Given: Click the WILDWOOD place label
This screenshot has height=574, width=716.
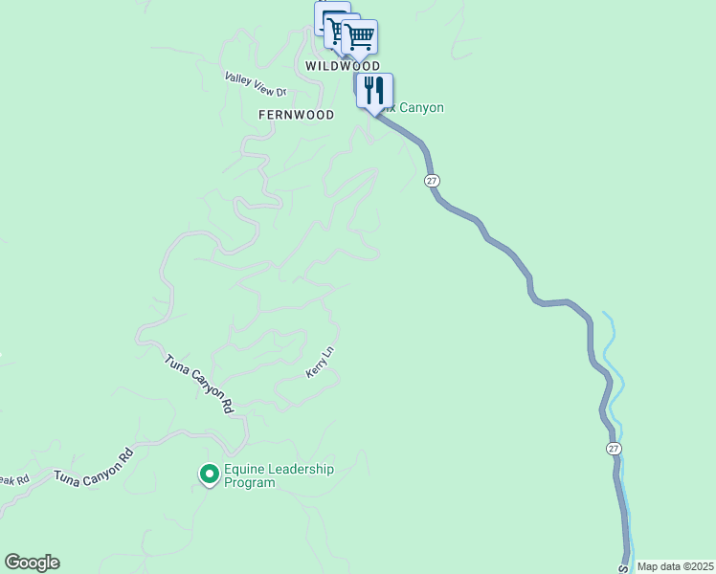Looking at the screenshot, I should tap(343, 66).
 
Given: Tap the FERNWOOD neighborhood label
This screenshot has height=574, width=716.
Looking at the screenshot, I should tap(296, 115).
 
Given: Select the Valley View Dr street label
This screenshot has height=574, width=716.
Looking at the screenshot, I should tap(256, 84).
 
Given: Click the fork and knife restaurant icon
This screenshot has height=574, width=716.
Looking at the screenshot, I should tap(374, 91).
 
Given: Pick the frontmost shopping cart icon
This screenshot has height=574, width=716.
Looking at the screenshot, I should tap(360, 36).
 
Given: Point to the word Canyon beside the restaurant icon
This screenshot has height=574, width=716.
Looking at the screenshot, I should tap(421, 108).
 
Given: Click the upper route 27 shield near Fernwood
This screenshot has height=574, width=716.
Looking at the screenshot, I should tap(433, 181).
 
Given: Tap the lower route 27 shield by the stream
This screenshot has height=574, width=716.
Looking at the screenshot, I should tap(614, 449).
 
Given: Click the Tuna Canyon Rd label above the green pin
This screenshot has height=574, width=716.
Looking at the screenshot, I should tap(199, 383).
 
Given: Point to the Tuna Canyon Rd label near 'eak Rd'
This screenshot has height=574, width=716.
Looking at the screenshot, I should tap(92, 464).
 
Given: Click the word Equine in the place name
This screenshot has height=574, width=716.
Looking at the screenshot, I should tap(242, 469).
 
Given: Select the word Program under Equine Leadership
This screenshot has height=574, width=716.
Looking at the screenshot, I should tap(249, 483).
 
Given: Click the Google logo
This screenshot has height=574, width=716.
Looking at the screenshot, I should tap(32, 563).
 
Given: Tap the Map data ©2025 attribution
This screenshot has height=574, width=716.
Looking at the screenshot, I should tap(675, 566).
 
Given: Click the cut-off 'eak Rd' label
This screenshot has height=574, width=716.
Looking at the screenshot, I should tap(14, 478).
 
